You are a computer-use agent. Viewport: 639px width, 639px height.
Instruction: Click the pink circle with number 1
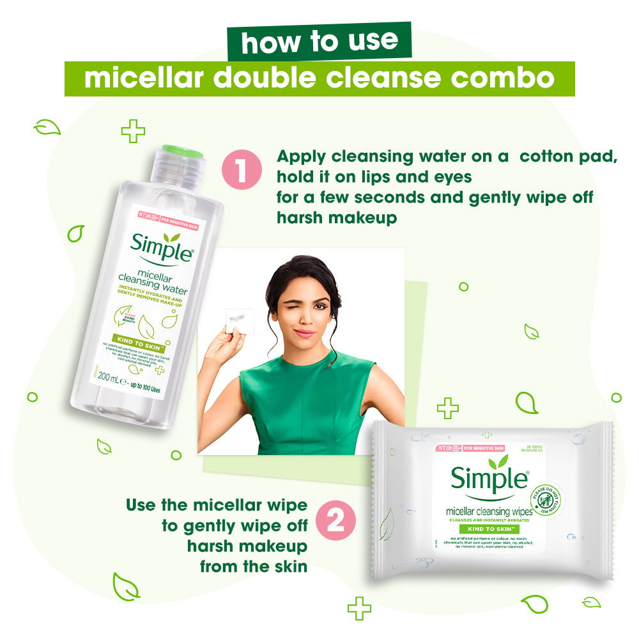[242, 172]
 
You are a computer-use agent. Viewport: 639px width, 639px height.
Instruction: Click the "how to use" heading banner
[319, 41]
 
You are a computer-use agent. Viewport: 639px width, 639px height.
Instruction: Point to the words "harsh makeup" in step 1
[337, 218]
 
